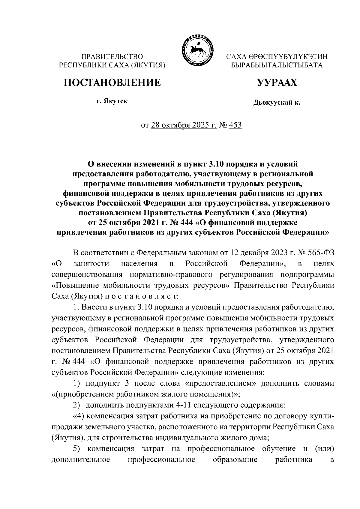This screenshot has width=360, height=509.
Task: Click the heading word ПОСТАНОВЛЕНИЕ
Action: click(112, 82)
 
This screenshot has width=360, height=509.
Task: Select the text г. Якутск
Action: click(112, 101)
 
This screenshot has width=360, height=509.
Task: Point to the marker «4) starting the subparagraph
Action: click(79, 416)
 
